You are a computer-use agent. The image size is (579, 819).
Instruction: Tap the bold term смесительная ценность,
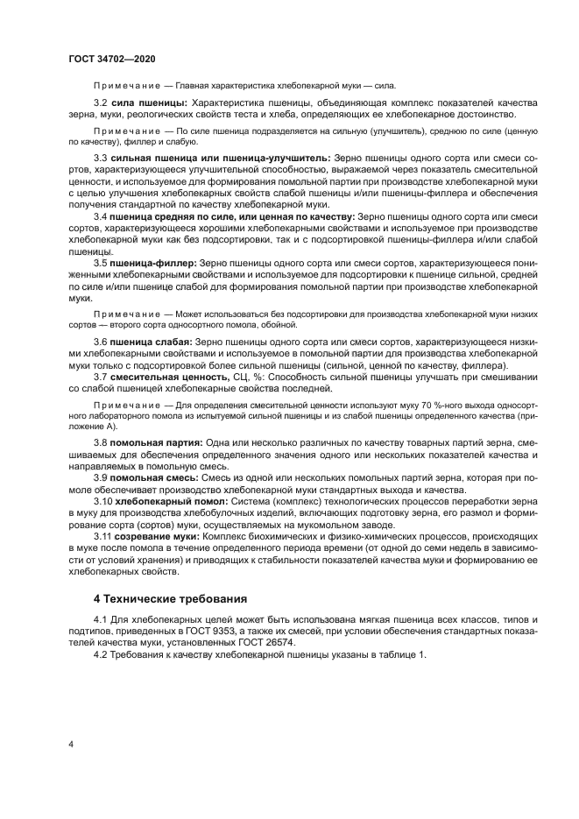coord(169,377)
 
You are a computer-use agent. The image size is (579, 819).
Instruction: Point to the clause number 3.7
coord(100,377)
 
